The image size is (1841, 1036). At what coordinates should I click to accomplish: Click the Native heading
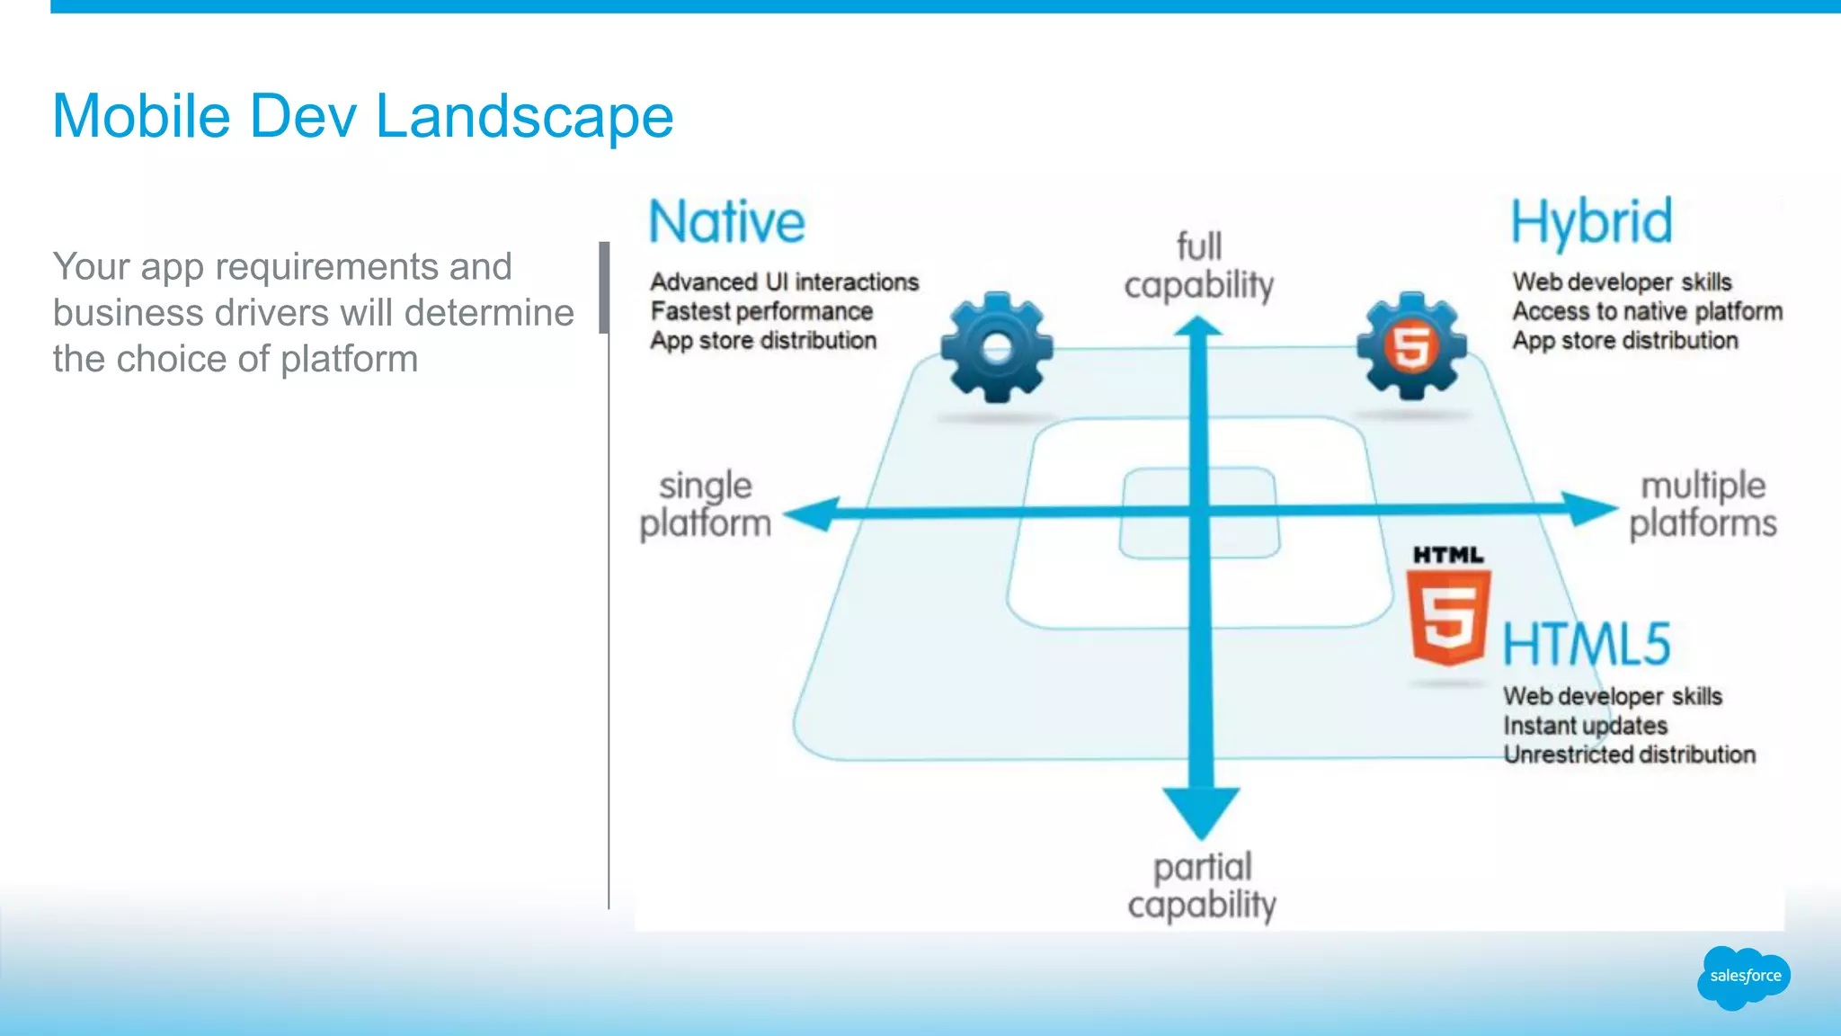[x=726, y=222]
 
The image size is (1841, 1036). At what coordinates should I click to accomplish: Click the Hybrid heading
[x=1590, y=222]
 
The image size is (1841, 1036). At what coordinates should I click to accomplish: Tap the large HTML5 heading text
[x=1587, y=644]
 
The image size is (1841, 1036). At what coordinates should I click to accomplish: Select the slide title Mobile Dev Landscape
[x=362, y=116]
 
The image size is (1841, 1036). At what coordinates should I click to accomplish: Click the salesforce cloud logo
[x=1743, y=977]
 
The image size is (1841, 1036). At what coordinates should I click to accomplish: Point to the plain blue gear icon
[x=996, y=347]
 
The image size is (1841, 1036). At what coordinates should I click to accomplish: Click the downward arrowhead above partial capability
[x=1201, y=809]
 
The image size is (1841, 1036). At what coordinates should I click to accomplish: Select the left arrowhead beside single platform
[x=812, y=514]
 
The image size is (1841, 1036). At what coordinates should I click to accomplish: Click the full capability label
[x=1198, y=266]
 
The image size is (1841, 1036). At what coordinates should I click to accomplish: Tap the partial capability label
[x=1202, y=887]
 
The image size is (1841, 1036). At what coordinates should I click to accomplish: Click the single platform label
[x=706, y=505]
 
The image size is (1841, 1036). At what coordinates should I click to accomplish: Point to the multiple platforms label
[x=1703, y=505]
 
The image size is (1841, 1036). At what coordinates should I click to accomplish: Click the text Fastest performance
[x=761, y=311]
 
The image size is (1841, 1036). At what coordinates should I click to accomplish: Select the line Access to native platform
[x=1647, y=311]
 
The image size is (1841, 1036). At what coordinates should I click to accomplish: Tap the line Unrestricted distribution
[x=1629, y=755]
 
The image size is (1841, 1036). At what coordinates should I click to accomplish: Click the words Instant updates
[x=1585, y=726]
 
